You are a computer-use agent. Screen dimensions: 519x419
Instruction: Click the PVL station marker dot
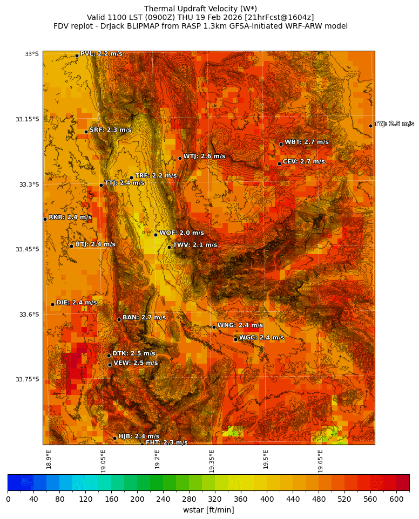coord(77,56)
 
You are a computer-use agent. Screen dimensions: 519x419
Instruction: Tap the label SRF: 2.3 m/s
coord(110,130)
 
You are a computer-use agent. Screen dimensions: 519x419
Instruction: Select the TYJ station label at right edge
coord(394,124)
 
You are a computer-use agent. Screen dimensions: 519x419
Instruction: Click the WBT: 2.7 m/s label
coord(306,142)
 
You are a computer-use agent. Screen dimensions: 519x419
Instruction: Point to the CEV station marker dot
coord(279,163)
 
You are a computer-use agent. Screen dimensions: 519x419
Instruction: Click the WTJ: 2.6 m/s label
coord(204,156)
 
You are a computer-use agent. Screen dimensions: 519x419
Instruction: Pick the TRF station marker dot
coord(131,177)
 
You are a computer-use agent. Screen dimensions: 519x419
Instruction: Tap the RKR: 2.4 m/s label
coord(70,217)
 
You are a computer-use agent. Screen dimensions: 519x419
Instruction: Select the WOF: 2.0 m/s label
coord(181,233)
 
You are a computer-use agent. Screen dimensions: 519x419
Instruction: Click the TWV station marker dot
coord(169,247)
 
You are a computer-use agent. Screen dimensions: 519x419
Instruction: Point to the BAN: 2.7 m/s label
coord(144,318)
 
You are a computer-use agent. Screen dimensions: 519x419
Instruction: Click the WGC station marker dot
coord(235,339)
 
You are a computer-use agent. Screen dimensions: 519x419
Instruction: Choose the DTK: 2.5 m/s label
coord(133,353)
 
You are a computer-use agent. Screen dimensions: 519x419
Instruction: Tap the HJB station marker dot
coord(114,438)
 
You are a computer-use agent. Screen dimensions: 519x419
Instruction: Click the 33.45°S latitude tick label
coord(28,249)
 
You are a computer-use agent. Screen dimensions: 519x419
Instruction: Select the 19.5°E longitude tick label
coord(266,461)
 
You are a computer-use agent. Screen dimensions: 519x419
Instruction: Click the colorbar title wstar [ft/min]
coord(208,510)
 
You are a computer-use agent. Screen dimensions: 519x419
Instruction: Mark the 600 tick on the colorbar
coord(396,499)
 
